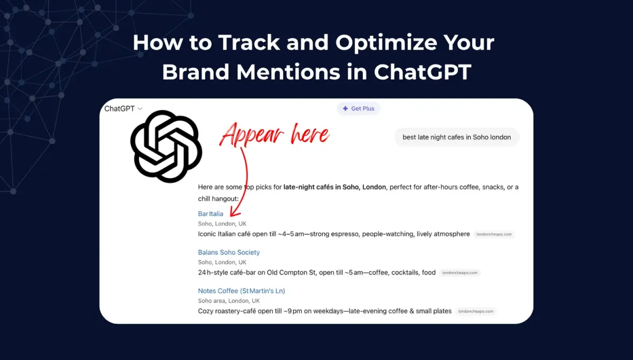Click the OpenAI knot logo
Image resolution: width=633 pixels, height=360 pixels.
pyautogui.click(x=166, y=146)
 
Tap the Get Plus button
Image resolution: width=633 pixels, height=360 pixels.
pyautogui.click(x=359, y=109)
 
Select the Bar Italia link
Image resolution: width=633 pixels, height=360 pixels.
pyautogui.click(x=210, y=214)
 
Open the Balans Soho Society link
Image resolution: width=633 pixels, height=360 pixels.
pyautogui.click(x=229, y=252)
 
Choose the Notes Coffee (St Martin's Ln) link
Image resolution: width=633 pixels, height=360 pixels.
pyautogui.click(x=241, y=291)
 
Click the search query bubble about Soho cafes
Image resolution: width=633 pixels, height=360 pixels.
pyautogui.click(x=456, y=137)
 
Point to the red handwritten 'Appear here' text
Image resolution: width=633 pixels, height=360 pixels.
pyautogui.click(x=274, y=135)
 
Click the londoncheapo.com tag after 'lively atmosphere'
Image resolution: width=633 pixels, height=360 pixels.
pyautogui.click(x=494, y=234)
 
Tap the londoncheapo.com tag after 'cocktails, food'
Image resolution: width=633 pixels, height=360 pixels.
pyautogui.click(x=460, y=273)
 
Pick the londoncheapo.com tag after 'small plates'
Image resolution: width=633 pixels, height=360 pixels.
pyautogui.click(x=476, y=311)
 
